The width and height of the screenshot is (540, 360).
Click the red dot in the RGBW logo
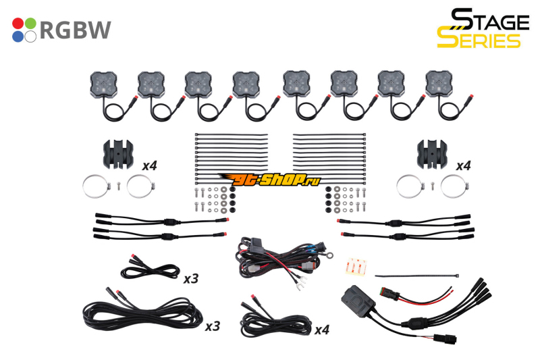pyautogui.click(x=18, y=24)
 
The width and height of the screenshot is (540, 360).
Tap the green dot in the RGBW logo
pyautogui.click(x=30, y=24)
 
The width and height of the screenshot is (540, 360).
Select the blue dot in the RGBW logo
pyautogui.click(x=18, y=36)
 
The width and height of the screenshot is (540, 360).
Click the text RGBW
pyautogui.click(x=76, y=30)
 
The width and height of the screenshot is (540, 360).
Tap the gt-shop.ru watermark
pyautogui.click(x=269, y=179)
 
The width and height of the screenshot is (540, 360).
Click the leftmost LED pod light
pyautogui.click(x=104, y=84)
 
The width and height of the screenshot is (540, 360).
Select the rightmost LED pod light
pyautogui.click(x=439, y=84)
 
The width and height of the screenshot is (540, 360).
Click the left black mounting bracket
pyautogui.click(x=118, y=155)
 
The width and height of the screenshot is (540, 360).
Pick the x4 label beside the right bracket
pyautogui.click(x=463, y=166)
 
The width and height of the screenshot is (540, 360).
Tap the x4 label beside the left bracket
pyautogui.click(x=149, y=166)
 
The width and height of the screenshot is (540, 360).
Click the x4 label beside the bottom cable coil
pyautogui.click(x=322, y=330)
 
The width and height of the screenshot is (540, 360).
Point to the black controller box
pyautogui.click(x=358, y=301)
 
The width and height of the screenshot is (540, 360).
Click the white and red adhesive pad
pyautogui.click(x=356, y=267)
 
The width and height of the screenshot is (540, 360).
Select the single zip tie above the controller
pyautogui.click(x=417, y=276)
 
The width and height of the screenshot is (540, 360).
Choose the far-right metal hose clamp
pyautogui.click(x=454, y=186)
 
